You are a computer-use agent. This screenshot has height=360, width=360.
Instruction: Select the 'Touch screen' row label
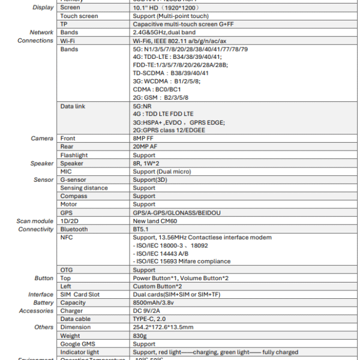click(79, 16)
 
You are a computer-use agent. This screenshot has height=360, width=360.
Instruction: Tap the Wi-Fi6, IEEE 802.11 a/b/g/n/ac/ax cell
click(179, 41)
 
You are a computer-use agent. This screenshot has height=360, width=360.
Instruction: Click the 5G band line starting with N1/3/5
click(190, 49)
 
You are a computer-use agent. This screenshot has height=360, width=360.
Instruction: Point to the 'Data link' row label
click(73, 106)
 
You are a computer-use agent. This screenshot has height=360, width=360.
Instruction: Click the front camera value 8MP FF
click(144, 139)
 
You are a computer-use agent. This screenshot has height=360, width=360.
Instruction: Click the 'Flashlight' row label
click(74, 155)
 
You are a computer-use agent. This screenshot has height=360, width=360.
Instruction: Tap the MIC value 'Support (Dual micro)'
click(162, 172)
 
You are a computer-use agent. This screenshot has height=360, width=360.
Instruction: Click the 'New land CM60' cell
click(155, 221)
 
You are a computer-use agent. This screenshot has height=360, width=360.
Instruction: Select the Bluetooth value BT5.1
click(142, 229)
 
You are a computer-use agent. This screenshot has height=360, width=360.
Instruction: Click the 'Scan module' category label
click(35, 221)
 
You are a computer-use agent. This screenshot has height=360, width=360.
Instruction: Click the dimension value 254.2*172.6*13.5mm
click(163, 328)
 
